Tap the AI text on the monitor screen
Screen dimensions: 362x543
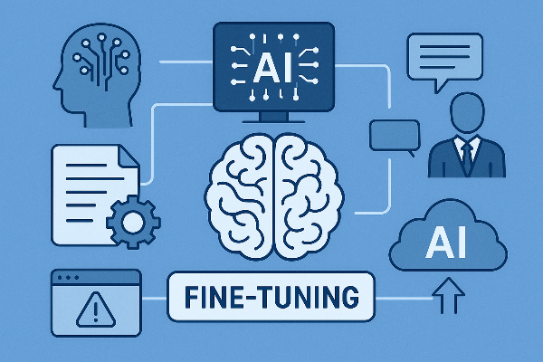(272, 65)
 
